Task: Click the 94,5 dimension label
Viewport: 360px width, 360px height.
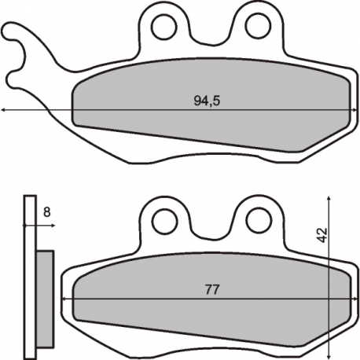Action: [207, 101]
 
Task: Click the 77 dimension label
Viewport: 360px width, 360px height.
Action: [212, 289]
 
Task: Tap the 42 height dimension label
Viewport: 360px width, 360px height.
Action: [322, 235]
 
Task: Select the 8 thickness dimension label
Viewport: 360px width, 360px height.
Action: [46, 212]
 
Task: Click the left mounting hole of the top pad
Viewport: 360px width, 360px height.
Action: [164, 27]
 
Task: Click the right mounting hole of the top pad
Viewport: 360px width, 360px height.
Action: [258, 26]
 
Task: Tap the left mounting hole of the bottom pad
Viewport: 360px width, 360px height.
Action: [165, 221]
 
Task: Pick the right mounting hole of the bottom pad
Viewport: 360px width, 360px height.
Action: [259, 221]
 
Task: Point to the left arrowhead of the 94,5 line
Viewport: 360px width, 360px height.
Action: [3, 110]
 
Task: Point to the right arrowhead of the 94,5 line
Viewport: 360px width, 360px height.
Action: [355, 110]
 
